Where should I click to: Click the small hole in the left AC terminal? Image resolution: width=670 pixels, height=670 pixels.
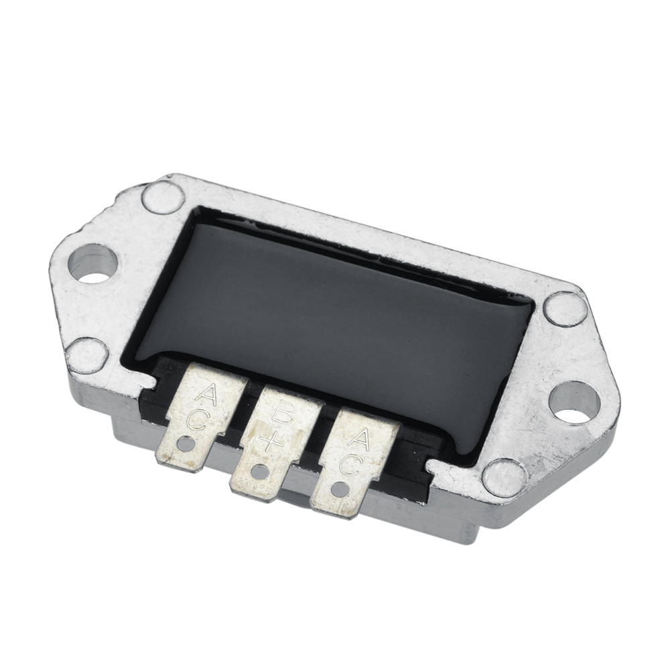tap(185, 444)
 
